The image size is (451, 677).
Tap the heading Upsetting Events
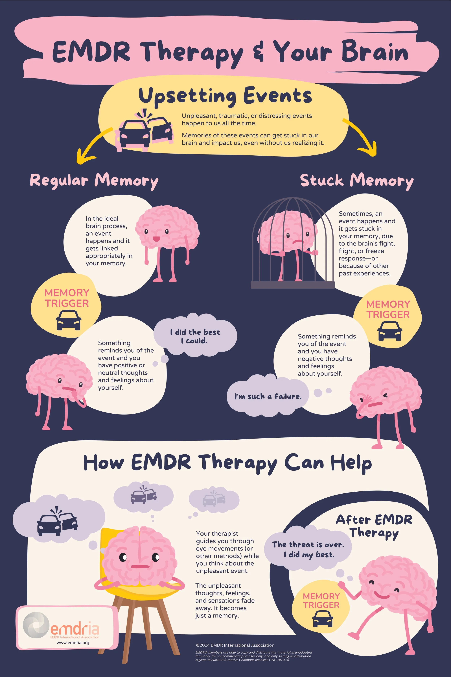[225, 96]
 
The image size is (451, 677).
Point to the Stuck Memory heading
[357, 181]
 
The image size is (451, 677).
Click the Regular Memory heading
[94, 181]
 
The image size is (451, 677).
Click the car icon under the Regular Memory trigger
[68, 320]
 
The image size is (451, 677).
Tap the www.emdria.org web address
[73, 643]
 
